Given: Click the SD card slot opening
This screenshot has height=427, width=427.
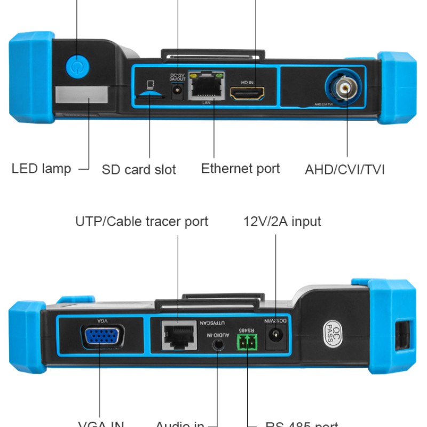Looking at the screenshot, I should pyautogui.click(x=150, y=93).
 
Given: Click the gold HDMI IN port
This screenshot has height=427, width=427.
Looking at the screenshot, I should pyautogui.click(x=247, y=92).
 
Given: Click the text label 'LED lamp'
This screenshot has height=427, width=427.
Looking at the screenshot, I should pyautogui.click(x=41, y=169).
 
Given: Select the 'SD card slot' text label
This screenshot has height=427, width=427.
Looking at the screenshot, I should pyautogui.click(x=139, y=170).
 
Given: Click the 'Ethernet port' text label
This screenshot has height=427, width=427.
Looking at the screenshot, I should pyautogui.click(x=240, y=169).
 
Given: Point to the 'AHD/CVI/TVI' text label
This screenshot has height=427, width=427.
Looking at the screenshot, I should pyautogui.click(x=345, y=170).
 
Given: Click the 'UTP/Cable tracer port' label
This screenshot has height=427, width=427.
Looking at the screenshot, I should pyautogui.click(x=141, y=221).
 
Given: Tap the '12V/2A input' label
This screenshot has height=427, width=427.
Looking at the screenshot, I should pyautogui.click(x=282, y=221).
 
